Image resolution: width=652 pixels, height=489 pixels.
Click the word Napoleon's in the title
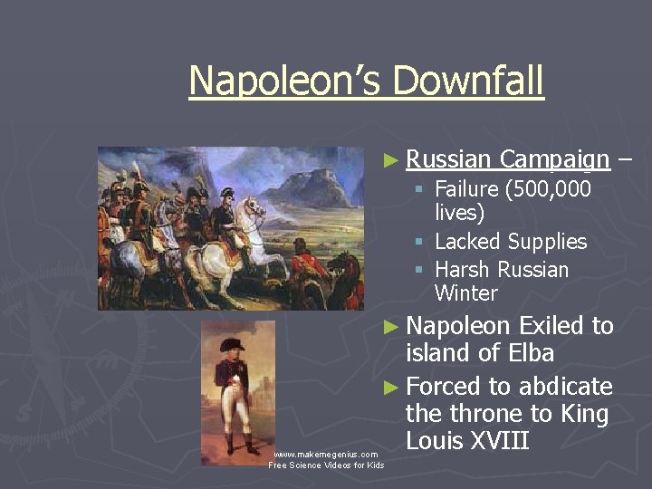point(286,81)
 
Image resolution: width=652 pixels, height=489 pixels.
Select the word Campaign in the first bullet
point(554,161)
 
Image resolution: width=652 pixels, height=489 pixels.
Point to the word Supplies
point(547,242)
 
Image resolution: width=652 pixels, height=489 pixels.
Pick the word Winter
point(465,293)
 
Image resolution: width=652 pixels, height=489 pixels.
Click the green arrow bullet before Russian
point(390,161)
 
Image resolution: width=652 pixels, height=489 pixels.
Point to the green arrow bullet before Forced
point(390,388)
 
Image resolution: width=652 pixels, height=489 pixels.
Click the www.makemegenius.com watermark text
point(326,455)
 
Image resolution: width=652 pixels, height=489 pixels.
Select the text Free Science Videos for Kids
point(326,465)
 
